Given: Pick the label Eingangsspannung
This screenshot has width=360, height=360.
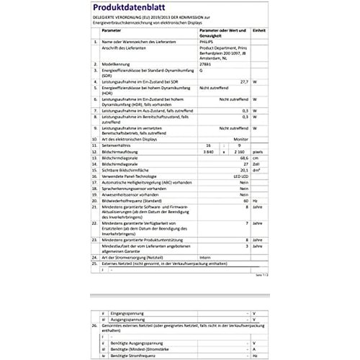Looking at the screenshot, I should coord(127,312).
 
